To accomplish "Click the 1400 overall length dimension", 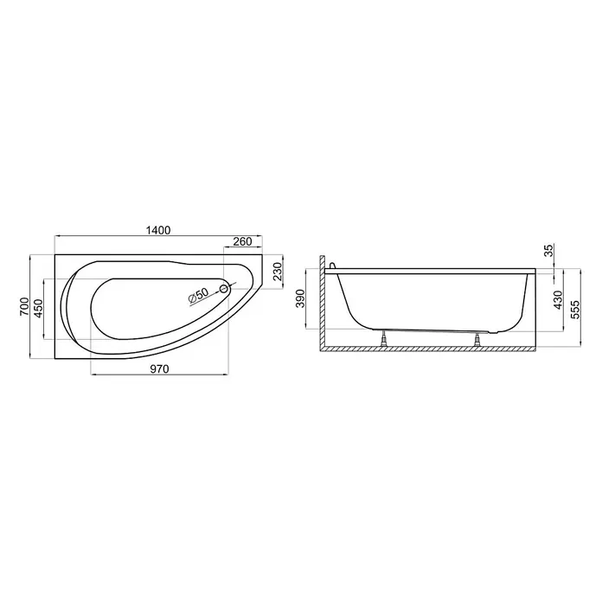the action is point(158,230).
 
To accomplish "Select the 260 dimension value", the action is point(243,241).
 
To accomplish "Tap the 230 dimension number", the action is point(278,271).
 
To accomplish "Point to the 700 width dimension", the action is point(24,306).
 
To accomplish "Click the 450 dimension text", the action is point(38,309).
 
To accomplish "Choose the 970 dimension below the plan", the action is point(159,369).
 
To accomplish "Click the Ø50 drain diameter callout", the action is point(199,296).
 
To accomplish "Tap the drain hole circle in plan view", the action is point(224,289).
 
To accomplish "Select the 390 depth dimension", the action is point(300,298).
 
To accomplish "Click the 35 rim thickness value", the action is point(549,250).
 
